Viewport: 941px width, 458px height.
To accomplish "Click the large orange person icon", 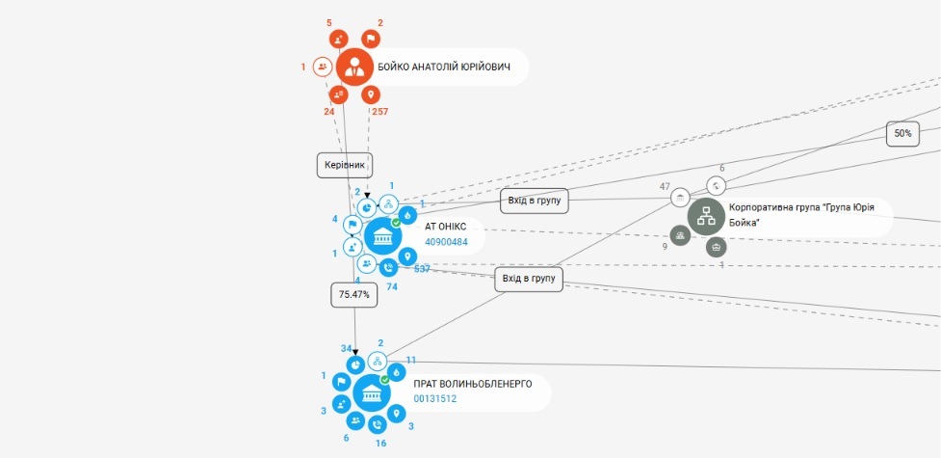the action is [x=354, y=67].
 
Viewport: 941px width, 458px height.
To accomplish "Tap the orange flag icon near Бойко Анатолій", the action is [x=371, y=40].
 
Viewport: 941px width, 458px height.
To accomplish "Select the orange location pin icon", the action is [x=371, y=94].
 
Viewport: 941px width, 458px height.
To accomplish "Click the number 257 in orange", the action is [x=379, y=111].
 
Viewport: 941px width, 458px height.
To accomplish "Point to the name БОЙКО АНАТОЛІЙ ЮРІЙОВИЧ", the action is [x=443, y=67].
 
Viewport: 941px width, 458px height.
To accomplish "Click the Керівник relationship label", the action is [x=345, y=165].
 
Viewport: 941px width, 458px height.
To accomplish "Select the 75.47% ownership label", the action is [x=354, y=295].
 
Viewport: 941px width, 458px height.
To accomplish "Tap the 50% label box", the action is [x=902, y=133].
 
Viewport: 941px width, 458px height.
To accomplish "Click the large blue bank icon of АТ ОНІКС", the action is [x=383, y=236].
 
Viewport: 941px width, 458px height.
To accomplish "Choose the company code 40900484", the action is [x=447, y=242].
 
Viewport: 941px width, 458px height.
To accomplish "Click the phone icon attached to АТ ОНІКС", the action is [x=388, y=268].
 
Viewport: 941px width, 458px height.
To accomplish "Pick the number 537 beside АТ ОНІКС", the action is [x=422, y=269].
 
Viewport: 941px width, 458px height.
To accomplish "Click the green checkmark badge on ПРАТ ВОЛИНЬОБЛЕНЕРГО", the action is [x=385, y=380].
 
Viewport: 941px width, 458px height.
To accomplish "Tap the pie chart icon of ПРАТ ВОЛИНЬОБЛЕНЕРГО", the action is [x=355, y=364].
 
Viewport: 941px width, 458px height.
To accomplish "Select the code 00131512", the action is [x=435, y=398].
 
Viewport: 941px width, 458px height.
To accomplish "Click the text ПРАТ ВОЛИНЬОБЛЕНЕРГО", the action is [x=472, y=384].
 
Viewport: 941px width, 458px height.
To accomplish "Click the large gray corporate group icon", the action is [x=706, y=217].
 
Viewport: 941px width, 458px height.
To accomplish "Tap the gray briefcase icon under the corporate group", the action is [x=716, y=247].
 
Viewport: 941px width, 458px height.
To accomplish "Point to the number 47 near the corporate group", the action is [x=665, y=187].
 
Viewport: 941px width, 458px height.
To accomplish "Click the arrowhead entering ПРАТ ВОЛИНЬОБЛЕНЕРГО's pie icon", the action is [x=355, y=352].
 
